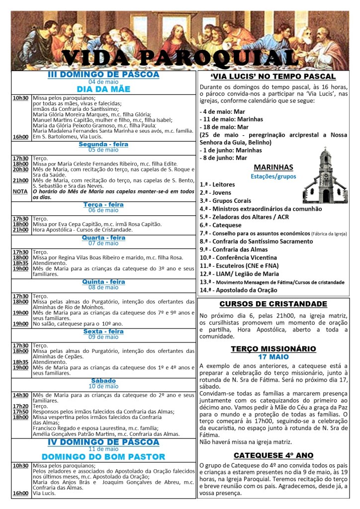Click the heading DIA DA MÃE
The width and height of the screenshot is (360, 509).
tap(103, 89)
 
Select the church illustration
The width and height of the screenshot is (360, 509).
tap(325, 174)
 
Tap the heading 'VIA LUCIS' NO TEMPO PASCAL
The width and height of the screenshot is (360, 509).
tap(273, 77)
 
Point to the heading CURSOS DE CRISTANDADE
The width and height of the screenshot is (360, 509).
tap(273, 304)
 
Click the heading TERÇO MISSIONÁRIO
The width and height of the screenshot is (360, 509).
tap(273, 348)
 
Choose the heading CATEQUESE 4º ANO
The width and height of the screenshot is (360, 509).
tap(273, 455)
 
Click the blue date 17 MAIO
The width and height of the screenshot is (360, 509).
tap(273, 357)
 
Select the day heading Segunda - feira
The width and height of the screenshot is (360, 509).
tap(103, 144)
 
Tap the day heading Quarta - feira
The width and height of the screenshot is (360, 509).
tap(103, 238)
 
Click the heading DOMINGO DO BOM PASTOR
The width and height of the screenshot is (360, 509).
tap(103, 457)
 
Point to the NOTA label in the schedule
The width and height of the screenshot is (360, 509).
tap(20, 191)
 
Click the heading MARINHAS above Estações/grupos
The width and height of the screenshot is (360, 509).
tap(273, 167)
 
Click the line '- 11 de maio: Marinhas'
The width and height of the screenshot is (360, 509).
tap(232, 119)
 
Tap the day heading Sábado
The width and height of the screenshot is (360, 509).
tap(103, 381)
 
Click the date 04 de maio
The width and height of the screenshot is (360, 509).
tap(103, 82)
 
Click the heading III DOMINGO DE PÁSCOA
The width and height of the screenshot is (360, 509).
tap(103, 75)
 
